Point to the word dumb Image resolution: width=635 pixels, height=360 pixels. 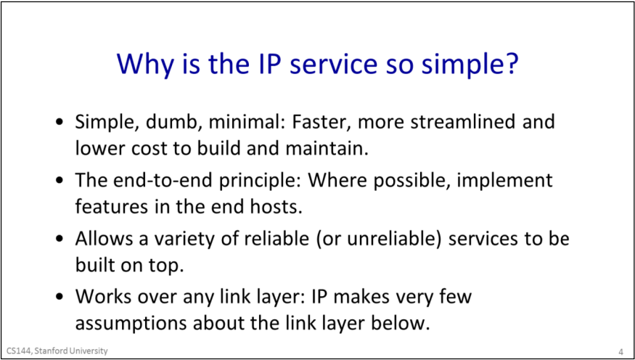[166, 122]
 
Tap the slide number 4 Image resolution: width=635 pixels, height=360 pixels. [620, 351]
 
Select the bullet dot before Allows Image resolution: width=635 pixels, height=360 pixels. [60, 240]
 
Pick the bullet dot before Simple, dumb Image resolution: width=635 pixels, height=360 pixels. [60, 123]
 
